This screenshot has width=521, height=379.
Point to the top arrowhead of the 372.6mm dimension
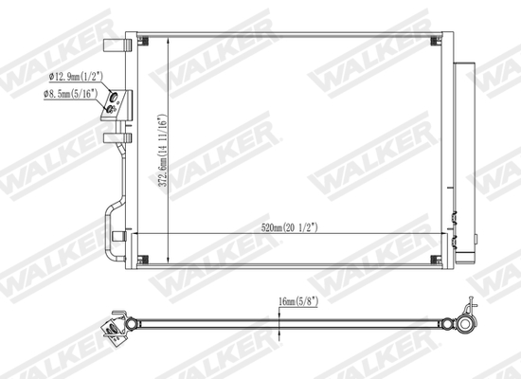tap(167, 40)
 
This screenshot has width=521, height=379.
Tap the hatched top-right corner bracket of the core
tap(436, 40)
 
